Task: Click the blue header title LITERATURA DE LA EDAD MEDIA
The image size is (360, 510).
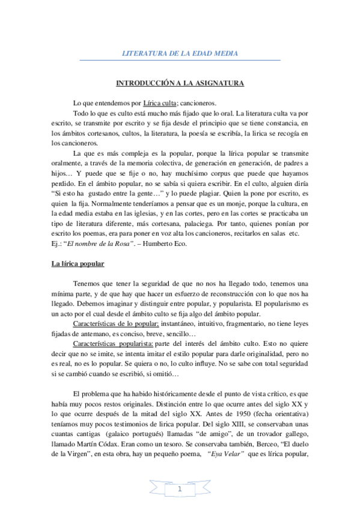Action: (x=180, y=54)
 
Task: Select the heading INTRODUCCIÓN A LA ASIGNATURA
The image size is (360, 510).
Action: (x=180, y=84)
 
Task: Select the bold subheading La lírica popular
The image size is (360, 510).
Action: (x=78, y=263)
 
